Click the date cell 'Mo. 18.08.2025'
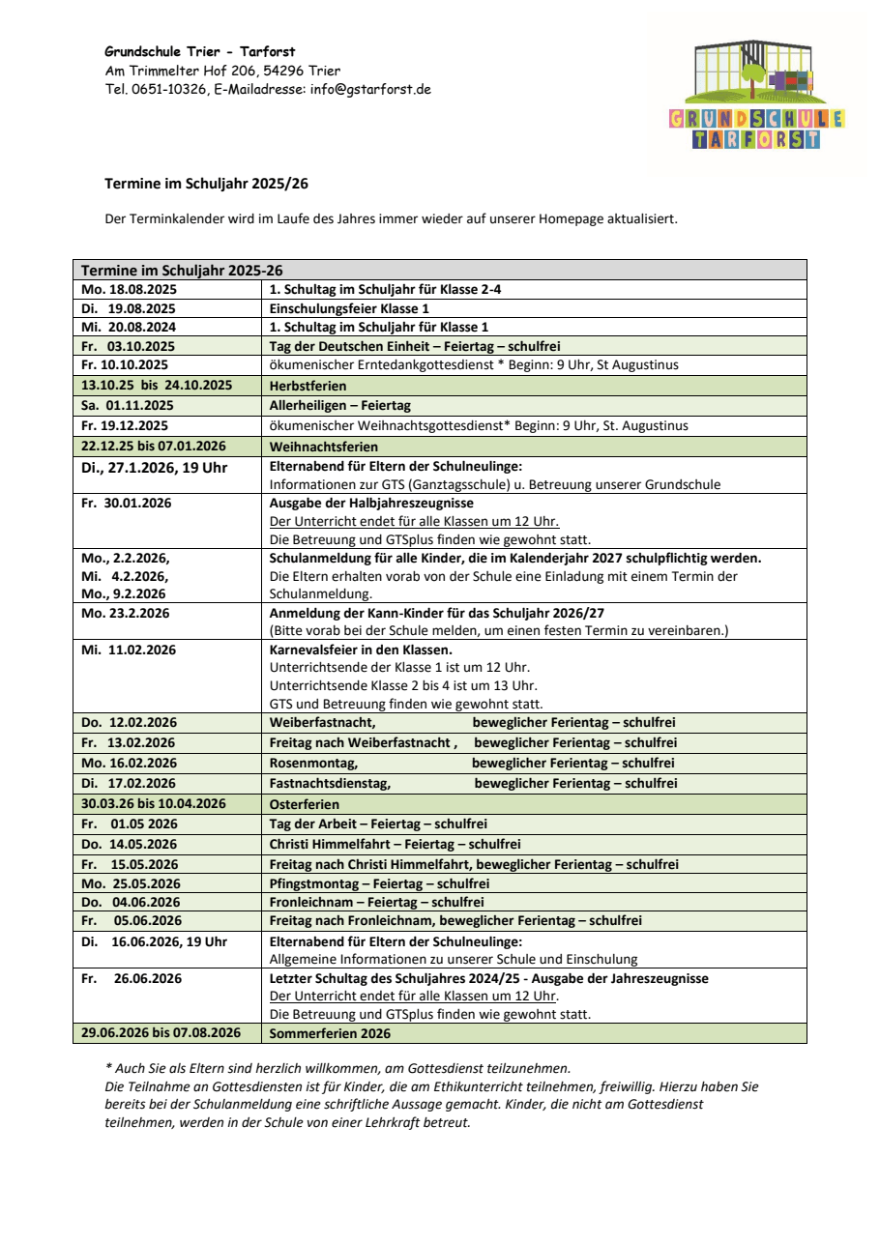pos(129,289)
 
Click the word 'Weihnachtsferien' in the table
pos(309,447)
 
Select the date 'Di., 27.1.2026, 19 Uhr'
pos(154,467)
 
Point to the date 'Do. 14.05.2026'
pos(130,844)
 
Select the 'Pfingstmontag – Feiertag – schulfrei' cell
pos(379,883)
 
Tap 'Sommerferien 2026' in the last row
pos(330,1033)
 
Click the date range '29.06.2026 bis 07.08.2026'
pos(161,1033)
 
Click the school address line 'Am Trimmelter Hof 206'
pos(183,71)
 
